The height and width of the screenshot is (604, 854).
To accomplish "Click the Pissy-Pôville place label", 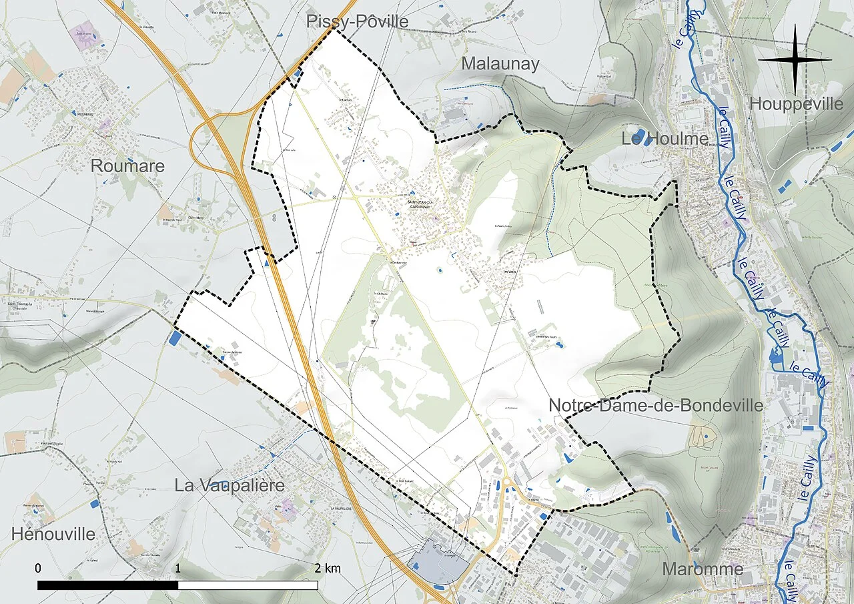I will [x=357, y=21].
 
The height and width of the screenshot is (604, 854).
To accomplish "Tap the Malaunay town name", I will [x=500, y=64].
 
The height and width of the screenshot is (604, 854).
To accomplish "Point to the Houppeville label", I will [x=797, y=104].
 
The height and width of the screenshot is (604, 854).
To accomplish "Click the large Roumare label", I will [x=127, y=166].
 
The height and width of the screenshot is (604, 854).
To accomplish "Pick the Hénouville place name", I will [x=53, y=534].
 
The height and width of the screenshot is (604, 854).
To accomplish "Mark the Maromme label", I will [x=703, y=569].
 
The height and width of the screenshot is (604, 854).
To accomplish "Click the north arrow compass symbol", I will [x=795, y=59].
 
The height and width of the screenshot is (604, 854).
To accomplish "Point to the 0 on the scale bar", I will [x=38, y=568].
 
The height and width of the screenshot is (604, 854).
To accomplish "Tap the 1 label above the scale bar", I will [x=177, y=568].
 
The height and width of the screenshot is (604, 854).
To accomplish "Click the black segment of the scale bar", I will [x=107, y=585].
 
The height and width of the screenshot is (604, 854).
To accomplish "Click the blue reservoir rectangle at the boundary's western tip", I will [x=175, y=338].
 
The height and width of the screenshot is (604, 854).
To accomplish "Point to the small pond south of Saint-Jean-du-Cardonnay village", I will [x=439, y=271].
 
